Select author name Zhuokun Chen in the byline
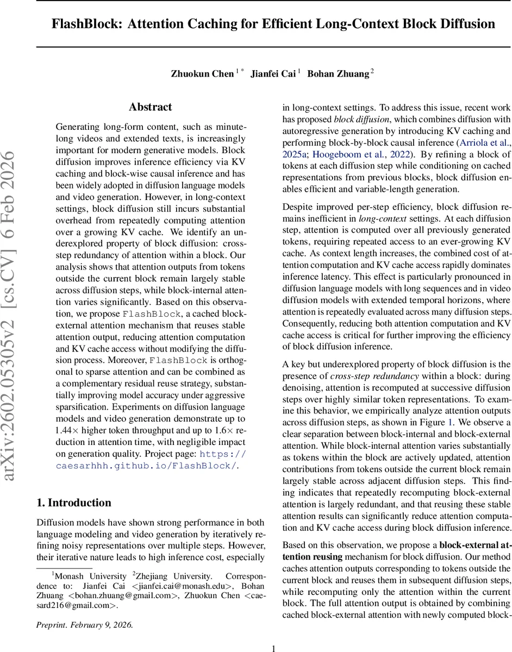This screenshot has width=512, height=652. pyautogui.click(x=202, y=74)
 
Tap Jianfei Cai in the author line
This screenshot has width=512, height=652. pyautogui.click(x=273, y=74)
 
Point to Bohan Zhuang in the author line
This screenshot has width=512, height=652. pyautogui.click(x=338, y=74)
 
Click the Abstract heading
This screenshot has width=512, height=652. pyautogui.click(x=151, y=107)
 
